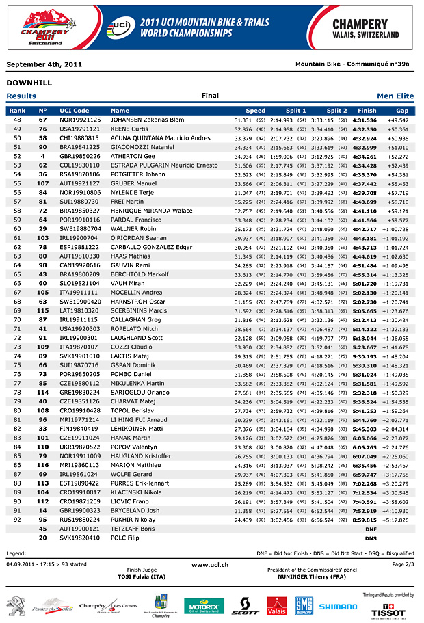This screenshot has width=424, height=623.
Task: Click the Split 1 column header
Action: pyautogui.click(x=295, y=110)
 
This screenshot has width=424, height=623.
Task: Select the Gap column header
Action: pyautogui.click(x=402, y=110)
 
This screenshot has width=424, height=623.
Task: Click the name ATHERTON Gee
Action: pyautogui.click(x=133, y=156)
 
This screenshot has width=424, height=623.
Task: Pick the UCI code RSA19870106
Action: pyautogui.click(x=79, y=174)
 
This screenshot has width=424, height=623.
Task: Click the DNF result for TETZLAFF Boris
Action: pyautogui.click(x=371, y=529)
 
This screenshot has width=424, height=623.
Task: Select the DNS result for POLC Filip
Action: pyautogui.click(x=371, y=538)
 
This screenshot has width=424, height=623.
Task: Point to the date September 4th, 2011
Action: pyautogui.click(x=44, y=64)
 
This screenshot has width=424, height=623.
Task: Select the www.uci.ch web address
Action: pyautogui.click(x=210, y=564)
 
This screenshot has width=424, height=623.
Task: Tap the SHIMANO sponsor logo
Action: pyautogui.click(x=338, y=606)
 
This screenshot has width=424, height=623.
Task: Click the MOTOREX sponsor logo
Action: pyautogui.click(x=204, y=606)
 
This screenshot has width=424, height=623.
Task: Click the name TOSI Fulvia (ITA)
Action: pyautogui.click(x=142, y=577)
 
